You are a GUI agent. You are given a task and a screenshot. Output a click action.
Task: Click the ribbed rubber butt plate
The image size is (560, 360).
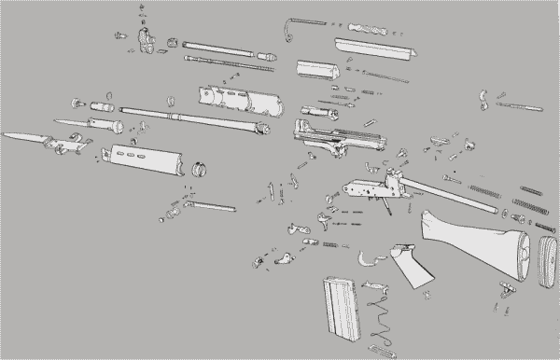[546, 262]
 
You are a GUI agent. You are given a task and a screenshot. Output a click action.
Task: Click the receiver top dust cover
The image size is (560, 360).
[371, 43]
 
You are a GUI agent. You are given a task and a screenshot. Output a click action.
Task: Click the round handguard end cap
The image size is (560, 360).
[199, 169]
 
